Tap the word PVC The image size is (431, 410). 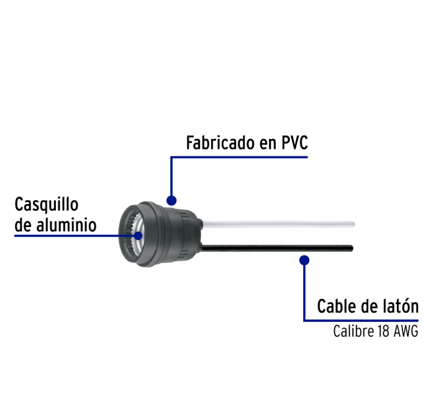pyautogui.click(x=294, y=143)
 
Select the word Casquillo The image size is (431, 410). pyautogui.click(x=47, y=205)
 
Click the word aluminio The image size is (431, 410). pyautogui.click(x=66, y=225)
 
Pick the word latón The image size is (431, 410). pyautogui.click(x=403, y=306)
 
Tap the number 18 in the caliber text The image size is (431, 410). pyautogui.click(x=383, y=331)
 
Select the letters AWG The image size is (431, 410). pyautogui.click(x=406, y=331)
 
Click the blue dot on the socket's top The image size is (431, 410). pyautogui.click(x=171, y=200)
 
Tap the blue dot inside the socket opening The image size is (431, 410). pyautogui.click(x=138, y=236)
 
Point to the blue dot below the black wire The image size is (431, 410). pyautogui.click(x=304, y=260)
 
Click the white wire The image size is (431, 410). pyautogui.click(x=278, y=224)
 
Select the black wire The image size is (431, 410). pyautogui.click(x=278, y=248)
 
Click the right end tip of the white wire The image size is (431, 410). pyautogui.click(x=355, y=224)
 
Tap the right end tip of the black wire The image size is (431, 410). pyautogui.click(x=353, y=248)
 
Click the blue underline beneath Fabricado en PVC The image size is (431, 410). pyautogui.click(x=239, y=158)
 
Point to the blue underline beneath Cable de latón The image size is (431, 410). pyautogui.click(x=361, y=321)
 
